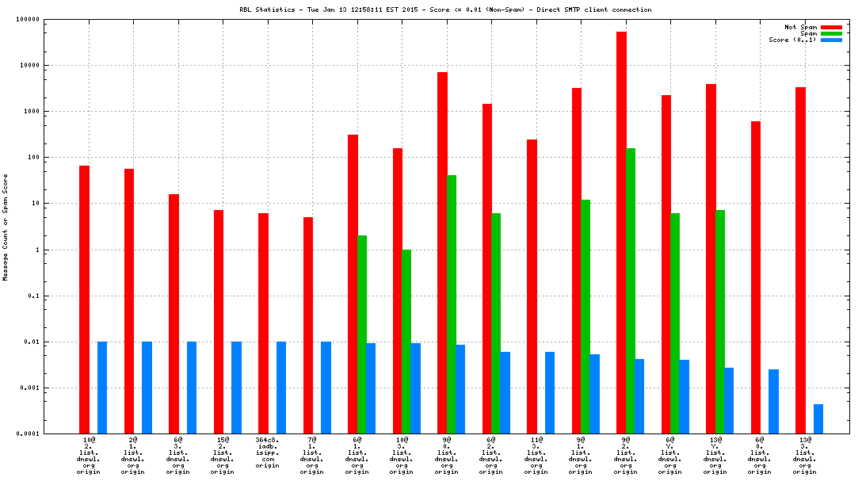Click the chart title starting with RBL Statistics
445,10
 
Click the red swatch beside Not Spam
831,27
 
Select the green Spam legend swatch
831,33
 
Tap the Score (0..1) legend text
792,40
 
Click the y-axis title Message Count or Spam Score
6,227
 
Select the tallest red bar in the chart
621,233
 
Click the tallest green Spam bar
631,291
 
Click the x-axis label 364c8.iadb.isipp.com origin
268,454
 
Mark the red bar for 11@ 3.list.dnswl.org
532,286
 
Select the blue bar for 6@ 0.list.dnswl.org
774,402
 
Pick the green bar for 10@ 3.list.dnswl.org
406,342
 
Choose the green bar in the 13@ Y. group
720,322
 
